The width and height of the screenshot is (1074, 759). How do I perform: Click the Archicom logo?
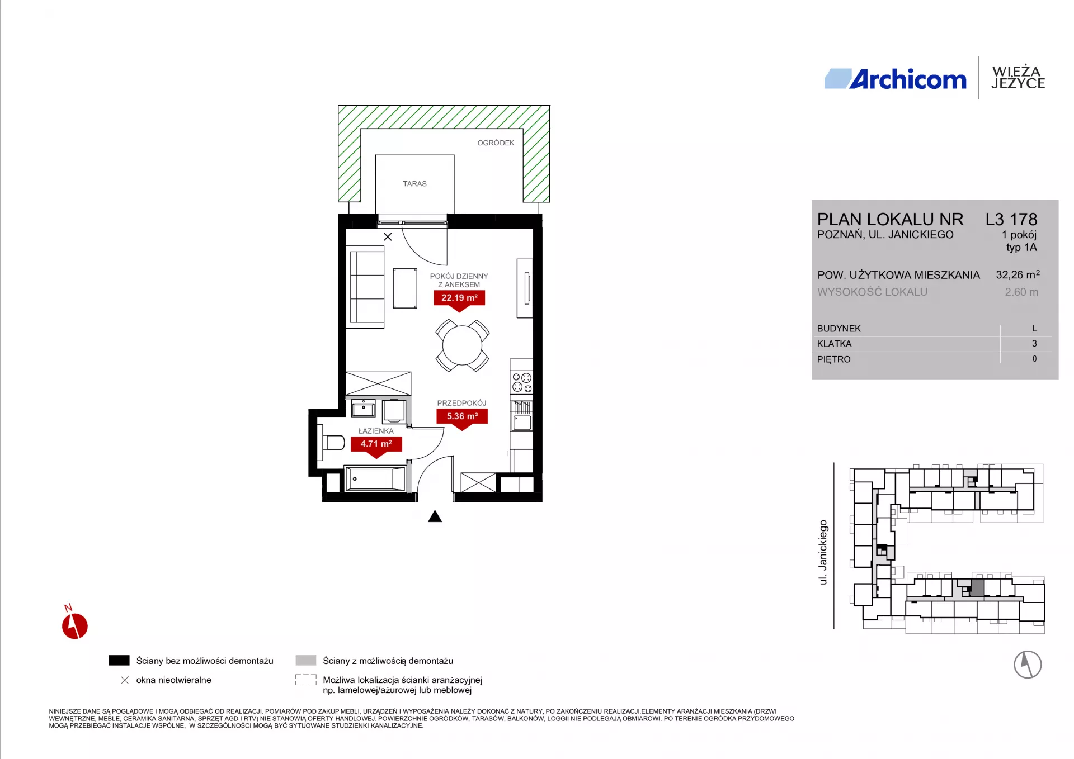tap(895, 79)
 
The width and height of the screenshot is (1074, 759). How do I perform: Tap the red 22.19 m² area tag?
tap(459, 299)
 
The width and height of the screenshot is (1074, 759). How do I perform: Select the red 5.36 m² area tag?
tap(462, 418)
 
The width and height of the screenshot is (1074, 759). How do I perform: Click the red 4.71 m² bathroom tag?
tap(376, 445)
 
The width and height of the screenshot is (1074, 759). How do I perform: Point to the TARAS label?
tap(414, 184)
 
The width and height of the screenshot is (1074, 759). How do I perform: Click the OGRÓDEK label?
tap(496, 143)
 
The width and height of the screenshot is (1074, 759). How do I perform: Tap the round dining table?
tap(463, 345)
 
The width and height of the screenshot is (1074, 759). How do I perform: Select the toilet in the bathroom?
tap(332, 443)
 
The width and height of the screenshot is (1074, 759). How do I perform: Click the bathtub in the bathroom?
tap(375, 479)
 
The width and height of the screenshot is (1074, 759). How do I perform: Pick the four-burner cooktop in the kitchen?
tap(522, 383)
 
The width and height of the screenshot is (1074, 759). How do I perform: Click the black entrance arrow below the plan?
tap(435, 516)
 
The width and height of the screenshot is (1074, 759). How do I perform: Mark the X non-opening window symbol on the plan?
tap(388, 237)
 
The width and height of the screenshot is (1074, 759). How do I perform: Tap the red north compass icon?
tap(74, 625)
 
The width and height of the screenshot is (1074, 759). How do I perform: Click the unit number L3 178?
tap(1011, 219)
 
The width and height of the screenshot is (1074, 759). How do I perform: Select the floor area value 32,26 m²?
tap(1018, 274)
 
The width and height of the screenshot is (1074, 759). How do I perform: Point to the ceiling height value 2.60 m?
tap(1021, 292)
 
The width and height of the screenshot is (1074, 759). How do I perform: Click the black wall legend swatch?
tap(119, 660)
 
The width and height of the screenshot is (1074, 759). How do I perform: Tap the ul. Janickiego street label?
tap(823, 552)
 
